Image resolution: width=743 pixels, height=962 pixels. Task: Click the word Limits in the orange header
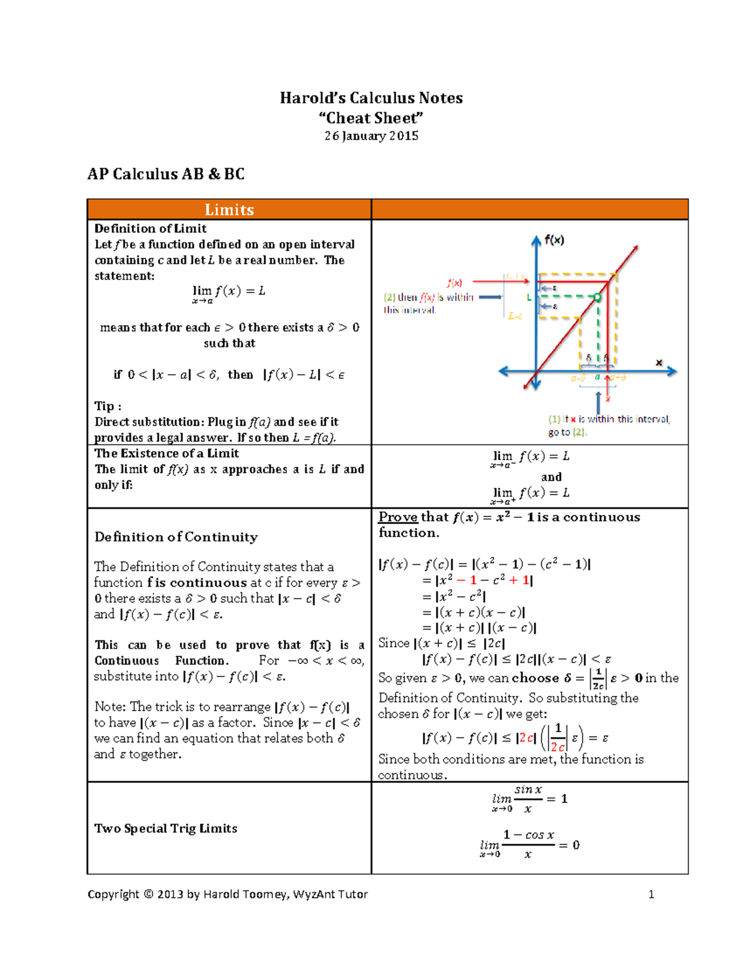(x=229, y=209)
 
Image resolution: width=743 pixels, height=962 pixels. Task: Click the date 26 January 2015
(x=371, y=136)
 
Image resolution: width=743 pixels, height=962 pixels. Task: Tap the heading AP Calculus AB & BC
(x=166, y=174)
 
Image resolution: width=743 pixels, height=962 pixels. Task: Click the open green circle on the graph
(x=597, y=297)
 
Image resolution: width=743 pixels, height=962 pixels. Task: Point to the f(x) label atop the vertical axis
(x=554, y=240)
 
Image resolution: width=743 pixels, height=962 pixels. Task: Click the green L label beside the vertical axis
(x=529, y=297)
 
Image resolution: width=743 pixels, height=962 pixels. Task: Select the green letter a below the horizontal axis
(x=597, y=377)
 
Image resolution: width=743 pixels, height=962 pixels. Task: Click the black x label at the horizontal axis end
(x=659, y=362)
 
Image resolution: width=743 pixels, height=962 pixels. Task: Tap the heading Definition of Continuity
(x=176, y=537)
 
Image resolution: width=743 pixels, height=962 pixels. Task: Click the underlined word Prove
(x=398, y=517)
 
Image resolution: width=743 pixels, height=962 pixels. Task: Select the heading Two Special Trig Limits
(x=165, y=828)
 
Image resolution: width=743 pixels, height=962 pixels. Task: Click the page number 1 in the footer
(x=651, y=894)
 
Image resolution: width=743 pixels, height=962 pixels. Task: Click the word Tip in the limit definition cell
(x=105, y=406)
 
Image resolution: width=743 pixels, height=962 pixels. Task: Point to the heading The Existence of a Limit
(x=166, y=453)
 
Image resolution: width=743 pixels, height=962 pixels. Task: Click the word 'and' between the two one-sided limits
(x=551, y=477)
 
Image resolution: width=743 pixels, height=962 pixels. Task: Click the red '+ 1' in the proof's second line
(x=521, y=580)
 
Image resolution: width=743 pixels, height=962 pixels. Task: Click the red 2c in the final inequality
(x=526, y=738)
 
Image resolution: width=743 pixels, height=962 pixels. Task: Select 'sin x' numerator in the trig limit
(x=528, y=790)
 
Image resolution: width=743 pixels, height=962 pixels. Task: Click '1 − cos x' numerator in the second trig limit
(x=528, y=835)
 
